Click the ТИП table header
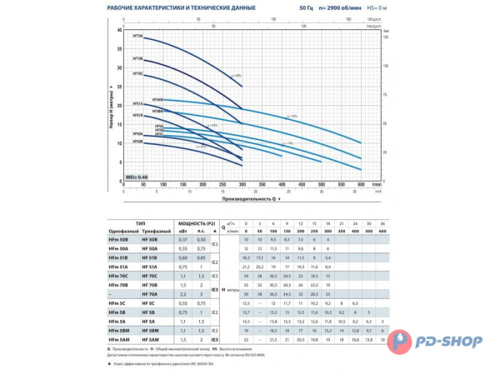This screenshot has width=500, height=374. tap(149, 223)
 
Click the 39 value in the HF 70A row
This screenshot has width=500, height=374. tap(247, 294)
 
